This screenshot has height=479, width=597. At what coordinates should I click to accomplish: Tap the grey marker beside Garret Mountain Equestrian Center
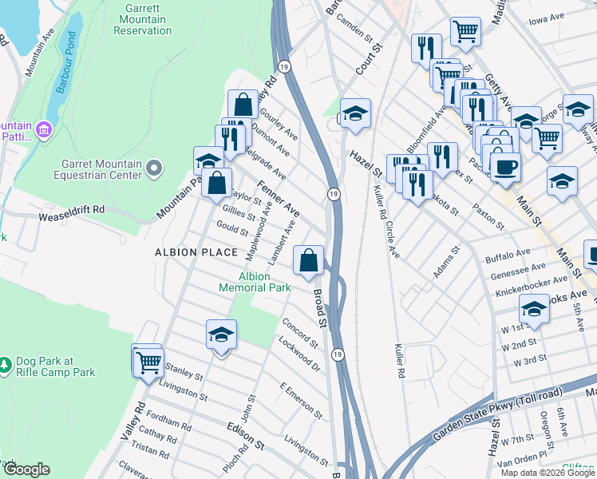coord(154,168)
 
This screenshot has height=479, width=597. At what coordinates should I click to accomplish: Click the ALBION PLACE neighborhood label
coord(196,252)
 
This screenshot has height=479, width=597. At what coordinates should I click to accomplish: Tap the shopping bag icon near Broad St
coord(308,260)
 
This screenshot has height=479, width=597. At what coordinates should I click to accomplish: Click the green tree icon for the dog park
coord(6,364)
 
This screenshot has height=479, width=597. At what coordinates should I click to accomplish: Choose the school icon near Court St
coord(355,113)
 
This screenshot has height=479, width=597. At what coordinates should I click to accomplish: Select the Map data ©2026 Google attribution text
coord(547,473)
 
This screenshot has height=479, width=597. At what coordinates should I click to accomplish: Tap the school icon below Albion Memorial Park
coord(221,335)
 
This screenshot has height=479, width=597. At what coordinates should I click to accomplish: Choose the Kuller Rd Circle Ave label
coord(384,218)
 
